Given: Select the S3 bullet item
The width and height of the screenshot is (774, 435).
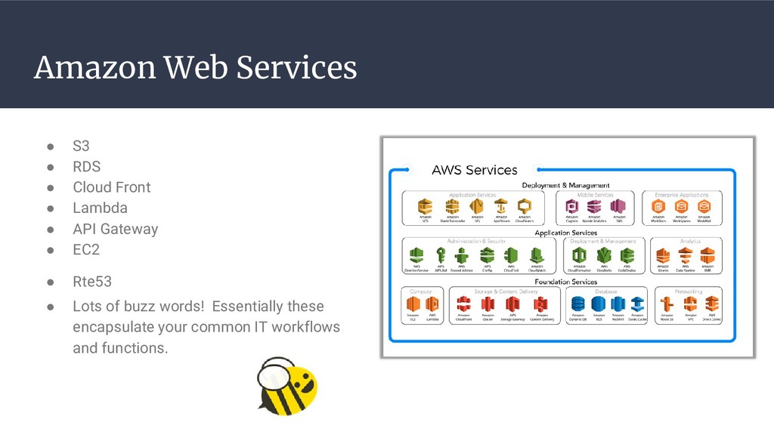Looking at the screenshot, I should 80,146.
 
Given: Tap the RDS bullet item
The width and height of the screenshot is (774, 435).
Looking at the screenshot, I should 86,166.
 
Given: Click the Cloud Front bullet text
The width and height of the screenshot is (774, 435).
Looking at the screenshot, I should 111,187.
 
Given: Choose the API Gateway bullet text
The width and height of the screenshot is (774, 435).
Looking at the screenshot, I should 115,229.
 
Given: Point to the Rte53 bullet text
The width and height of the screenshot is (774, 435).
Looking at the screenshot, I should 91,282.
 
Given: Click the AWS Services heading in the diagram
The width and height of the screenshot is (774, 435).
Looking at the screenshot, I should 474,170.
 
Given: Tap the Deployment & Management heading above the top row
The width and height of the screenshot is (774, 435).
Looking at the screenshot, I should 565,185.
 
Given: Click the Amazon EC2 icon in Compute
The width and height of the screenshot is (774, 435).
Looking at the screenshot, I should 413,304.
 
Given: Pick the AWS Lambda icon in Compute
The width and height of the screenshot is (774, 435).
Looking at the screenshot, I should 432,304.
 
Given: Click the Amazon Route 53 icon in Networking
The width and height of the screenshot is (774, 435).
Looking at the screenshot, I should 667,304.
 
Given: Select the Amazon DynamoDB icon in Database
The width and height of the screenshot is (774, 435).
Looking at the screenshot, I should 577,304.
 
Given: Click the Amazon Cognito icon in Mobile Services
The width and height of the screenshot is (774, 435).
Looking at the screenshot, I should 572,206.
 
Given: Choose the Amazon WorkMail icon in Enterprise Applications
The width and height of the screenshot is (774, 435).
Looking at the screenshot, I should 704,206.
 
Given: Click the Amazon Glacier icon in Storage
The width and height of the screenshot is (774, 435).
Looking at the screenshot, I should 488,304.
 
